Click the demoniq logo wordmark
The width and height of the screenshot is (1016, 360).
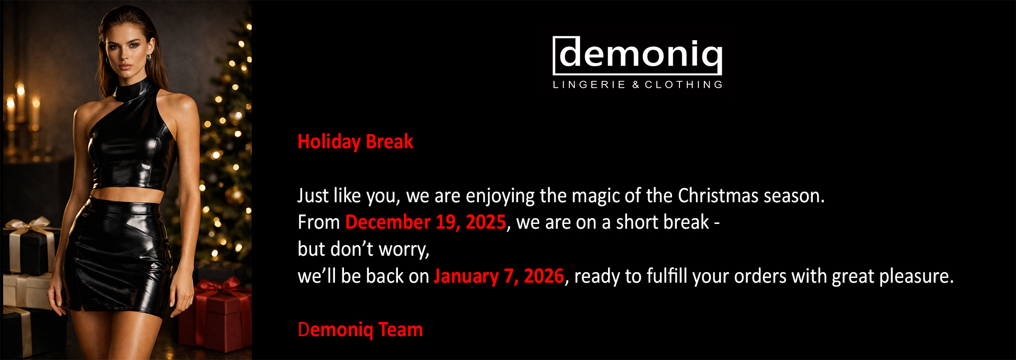coord(637,55)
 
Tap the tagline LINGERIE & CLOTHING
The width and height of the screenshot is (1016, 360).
coord(638,85)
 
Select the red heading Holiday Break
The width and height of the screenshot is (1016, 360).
coord(355,142)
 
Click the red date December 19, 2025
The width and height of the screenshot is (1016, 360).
coord(425,222)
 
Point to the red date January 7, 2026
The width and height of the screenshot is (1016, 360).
coord(499,276)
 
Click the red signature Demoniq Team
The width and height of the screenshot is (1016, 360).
coord(360,330)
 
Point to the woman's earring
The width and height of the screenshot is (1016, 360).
coord(149,56)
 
